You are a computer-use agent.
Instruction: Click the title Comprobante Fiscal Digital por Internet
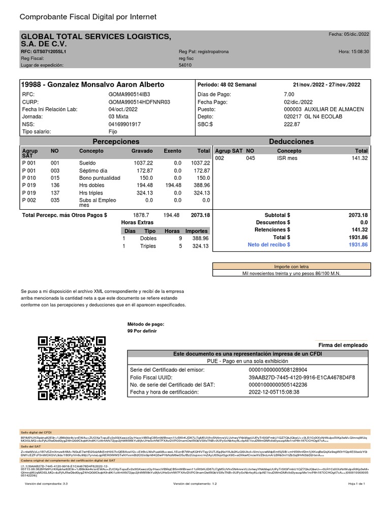[88, 17]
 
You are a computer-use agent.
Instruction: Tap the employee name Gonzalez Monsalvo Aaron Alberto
[92, 84]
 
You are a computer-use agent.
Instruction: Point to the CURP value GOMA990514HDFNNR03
[139, 102]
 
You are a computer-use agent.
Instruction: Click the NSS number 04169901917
[125, 124]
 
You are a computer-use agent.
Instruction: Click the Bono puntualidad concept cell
[100, 178]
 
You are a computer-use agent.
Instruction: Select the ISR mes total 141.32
[360, 158]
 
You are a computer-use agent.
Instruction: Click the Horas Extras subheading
[137, 222]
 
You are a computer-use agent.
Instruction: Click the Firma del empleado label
[343, 345]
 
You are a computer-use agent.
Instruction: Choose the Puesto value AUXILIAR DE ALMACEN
[323, 109]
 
